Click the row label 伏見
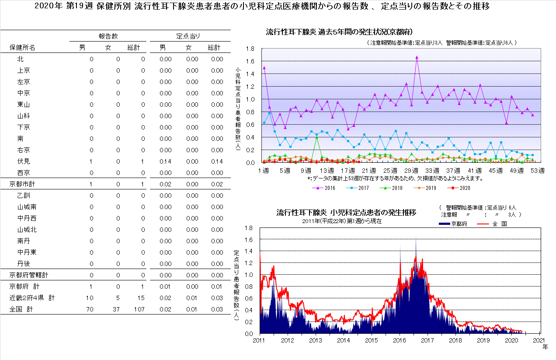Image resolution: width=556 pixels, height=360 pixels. (x=24, y=161)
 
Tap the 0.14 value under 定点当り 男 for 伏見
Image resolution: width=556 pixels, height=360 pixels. (x=165, y=161)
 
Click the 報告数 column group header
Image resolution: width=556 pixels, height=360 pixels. (x=108, y=36)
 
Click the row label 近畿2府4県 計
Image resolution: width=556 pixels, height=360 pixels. (x=32, y=298)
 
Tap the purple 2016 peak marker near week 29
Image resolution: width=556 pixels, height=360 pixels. (x=417, y=57)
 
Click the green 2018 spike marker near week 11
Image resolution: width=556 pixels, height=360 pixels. (x=316, y=137)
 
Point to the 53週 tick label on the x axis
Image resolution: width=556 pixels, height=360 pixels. (x=537, y=171)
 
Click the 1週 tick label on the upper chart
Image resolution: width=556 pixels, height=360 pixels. (x=264, y=171)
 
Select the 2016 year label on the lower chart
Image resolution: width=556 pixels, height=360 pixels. (x=400, y=340)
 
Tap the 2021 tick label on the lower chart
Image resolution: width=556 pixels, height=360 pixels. (x=539, y=340)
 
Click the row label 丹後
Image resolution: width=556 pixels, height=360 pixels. (x=24, y=264)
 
